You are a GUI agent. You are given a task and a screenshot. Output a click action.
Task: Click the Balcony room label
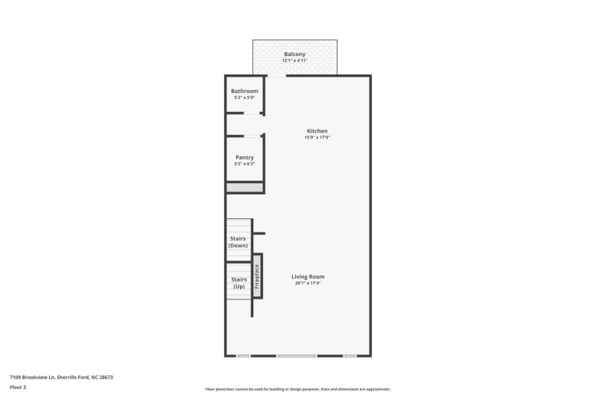coord(295,54)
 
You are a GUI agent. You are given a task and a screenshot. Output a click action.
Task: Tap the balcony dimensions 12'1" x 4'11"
coord(295,61)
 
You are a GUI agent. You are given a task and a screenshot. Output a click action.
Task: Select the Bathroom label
coord(244,91)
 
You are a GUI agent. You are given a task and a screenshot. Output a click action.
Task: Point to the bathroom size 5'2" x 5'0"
coord(244,98)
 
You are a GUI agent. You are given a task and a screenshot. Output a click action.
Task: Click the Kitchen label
coord(317,131)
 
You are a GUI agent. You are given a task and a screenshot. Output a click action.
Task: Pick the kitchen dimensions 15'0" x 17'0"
coord(317,138)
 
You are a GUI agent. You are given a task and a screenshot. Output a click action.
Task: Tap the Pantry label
coord(244,157)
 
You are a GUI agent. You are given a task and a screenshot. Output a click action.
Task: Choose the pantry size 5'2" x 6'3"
coord(244,164)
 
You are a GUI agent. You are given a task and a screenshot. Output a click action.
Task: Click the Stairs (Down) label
coord(238,241)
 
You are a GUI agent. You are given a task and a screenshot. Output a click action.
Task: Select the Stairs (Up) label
coord(238,283)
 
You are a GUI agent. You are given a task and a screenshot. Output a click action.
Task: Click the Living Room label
coord(308,276)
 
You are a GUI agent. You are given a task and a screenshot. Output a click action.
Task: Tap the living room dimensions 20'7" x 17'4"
coord(308,283)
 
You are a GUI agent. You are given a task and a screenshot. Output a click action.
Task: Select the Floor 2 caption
coord(18,387)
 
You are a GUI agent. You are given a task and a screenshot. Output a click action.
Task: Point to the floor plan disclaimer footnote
coord(297,389)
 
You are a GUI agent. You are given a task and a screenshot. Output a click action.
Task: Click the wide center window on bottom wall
coord(297,356)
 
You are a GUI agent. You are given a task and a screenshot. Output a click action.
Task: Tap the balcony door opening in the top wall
coord(276,75)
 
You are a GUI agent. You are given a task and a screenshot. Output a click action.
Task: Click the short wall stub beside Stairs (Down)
coord(259,234)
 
